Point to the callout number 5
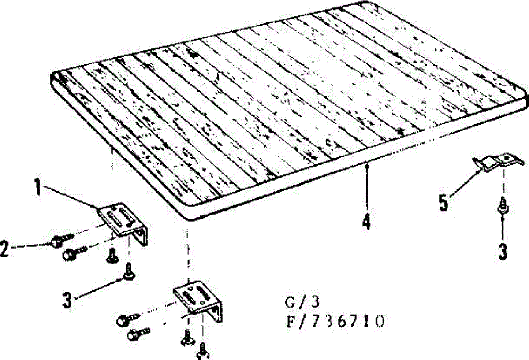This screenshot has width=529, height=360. pos(443,203)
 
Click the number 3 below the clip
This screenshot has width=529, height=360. pos(503,251)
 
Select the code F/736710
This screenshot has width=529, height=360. pos(335,321)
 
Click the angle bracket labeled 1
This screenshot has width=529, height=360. pos(126,223)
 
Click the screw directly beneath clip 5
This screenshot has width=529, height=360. pos(502,205)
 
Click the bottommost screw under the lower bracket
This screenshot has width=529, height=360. pos(203,351)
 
